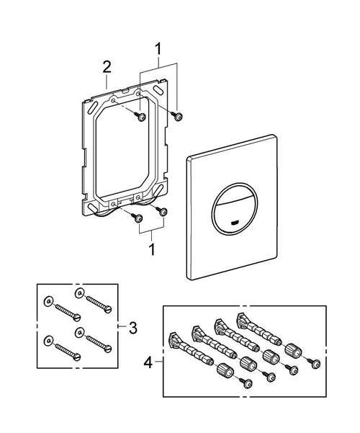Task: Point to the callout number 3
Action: (132, 327)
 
